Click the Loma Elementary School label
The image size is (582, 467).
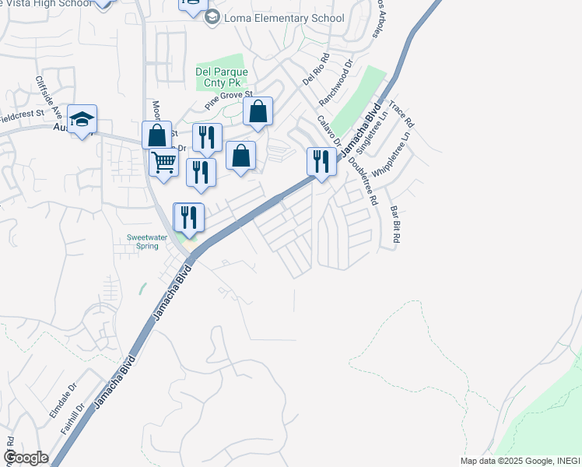click(x=284, y=18)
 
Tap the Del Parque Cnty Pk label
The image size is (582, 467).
click(x=221, y=78)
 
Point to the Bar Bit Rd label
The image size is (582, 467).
click(x=395, y=225)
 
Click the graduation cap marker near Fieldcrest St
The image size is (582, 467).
click(x=82, y=119)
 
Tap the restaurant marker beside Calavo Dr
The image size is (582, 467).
click(x=321, y=161)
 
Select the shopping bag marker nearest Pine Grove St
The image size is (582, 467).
click(x=258, y=112)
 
